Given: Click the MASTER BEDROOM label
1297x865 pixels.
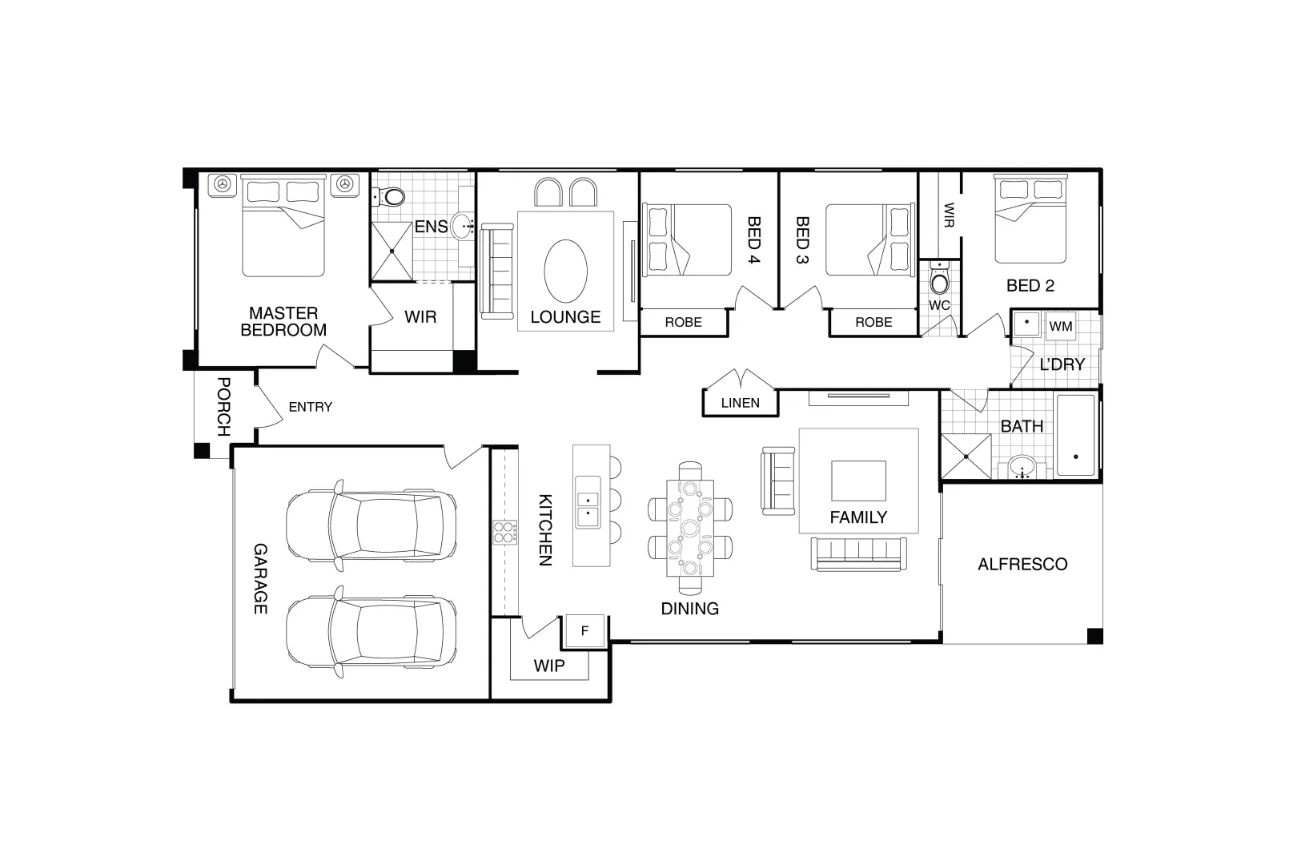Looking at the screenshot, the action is point(283,321).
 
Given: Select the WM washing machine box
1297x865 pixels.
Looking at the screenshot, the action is point(1061,326).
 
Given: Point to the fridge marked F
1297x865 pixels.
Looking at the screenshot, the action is point(584,630).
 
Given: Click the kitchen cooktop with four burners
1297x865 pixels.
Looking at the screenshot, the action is point(505,533).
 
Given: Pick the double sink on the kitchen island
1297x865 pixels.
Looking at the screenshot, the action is point(588,501).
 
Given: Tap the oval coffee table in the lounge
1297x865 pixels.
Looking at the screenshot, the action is point(566,271).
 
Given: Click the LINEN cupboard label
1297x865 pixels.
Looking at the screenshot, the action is point(741,403).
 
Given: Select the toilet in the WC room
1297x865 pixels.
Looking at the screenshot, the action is point(939,279).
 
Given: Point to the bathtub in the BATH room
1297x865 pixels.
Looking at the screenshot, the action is point(1076,435).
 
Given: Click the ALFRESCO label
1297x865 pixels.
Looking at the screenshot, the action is point(1022,565).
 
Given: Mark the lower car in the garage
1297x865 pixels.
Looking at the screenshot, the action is point(371,631).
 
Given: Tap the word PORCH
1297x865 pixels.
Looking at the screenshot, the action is point(223,407).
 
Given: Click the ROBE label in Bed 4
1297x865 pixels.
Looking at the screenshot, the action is point(683,322).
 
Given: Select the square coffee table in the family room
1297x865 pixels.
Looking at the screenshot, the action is point(859,481).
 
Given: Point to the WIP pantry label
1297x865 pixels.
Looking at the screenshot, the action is point(549,666).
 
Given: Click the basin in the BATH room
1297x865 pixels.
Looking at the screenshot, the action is point(1023,467).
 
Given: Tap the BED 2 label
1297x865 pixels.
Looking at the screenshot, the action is point(1030,285).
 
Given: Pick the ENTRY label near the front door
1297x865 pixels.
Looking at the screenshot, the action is point(311,407).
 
